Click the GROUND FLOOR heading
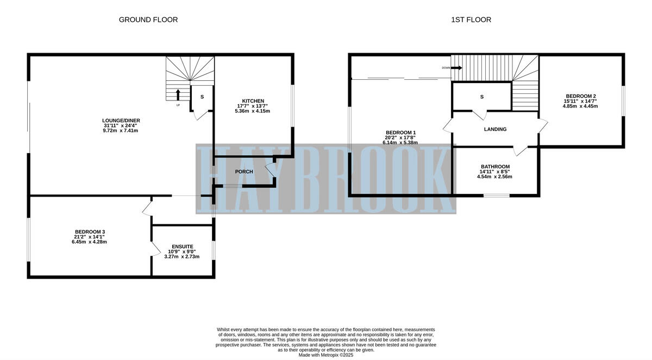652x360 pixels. pos(148,20)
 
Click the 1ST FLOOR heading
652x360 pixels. pos(471,20)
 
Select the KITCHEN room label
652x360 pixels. pos(253,101)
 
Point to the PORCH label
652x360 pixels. pos(244,172)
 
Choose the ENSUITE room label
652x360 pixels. pos(182,246)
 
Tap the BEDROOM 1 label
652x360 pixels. pos(400,133)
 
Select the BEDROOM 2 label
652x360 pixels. pos(580,96)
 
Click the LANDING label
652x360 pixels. pos(495,129)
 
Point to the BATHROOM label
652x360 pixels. pos(495,167)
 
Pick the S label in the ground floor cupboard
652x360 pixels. pos(202,97)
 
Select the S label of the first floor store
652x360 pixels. pos(481,97)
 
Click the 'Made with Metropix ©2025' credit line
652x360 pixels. pos(326,355)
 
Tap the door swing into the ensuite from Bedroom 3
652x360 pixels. pos(156,249)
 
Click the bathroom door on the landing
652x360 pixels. pos(521,150)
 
